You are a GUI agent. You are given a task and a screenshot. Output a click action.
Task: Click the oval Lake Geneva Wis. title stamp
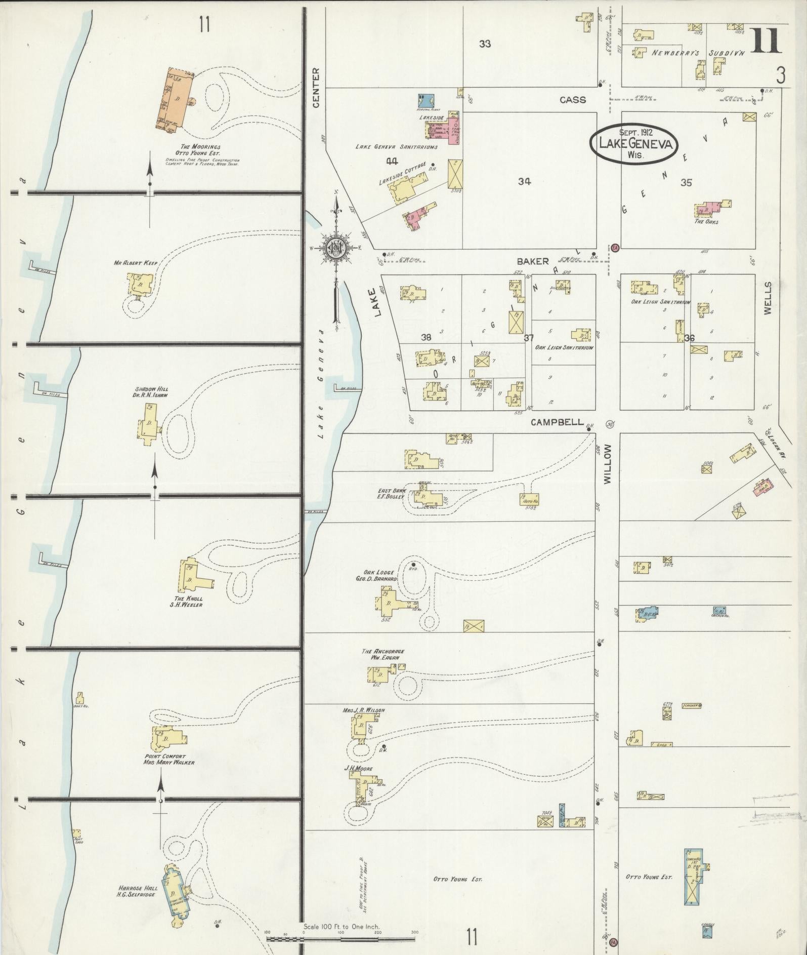tap(635, 144)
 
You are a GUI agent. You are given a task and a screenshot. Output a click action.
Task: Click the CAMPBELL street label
tap(558, 422)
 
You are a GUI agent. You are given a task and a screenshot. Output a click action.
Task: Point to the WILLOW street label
tap(608, 464)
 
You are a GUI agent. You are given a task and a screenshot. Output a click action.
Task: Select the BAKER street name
tap(533, 261)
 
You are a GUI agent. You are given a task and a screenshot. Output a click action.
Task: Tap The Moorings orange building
tap(175, 100)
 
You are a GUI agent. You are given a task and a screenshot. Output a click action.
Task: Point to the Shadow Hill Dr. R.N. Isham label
tap(148, 392)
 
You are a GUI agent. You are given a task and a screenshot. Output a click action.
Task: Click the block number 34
tap(524, 182)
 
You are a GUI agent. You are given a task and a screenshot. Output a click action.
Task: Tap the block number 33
tap(485, 44)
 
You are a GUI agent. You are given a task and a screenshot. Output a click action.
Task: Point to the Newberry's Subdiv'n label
tap(698, 53)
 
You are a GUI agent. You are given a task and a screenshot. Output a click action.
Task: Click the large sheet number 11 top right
tap(766, 41)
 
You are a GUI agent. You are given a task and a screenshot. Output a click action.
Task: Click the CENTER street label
tap(316, 88)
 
